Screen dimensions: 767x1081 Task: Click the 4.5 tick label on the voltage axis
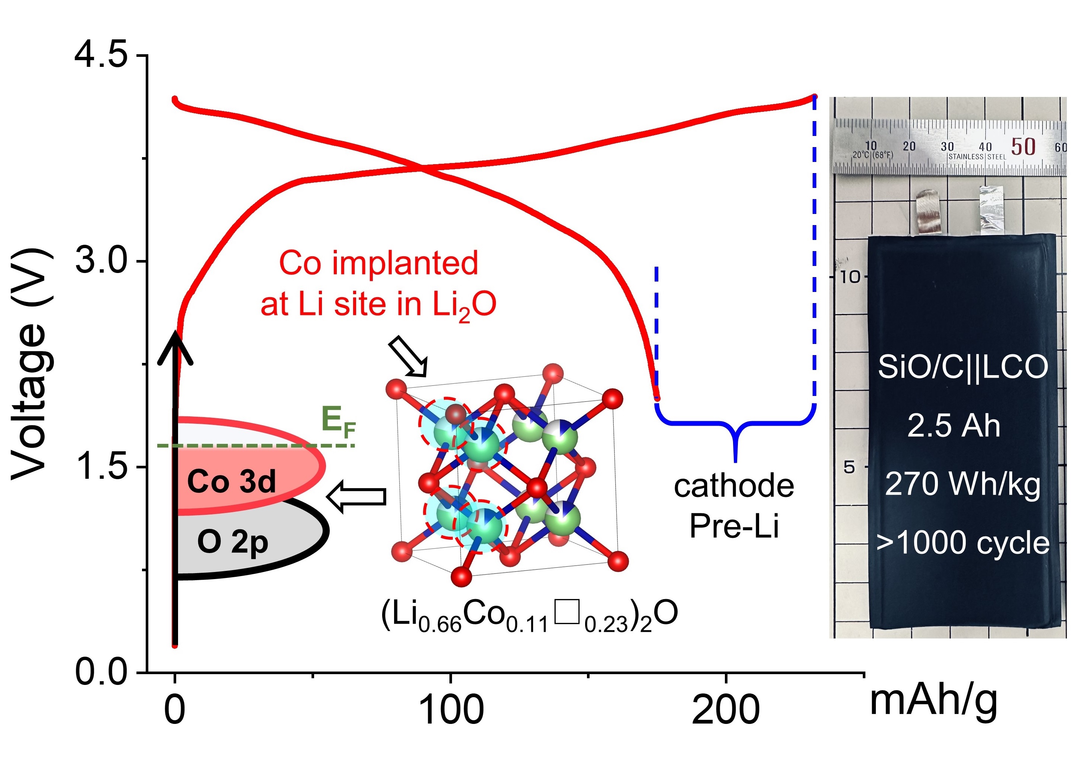[101, 56]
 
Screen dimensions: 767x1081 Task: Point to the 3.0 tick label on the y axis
[101, 261]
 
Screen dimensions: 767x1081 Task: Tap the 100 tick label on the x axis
[451, 709]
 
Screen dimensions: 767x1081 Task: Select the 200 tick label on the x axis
[726, 709]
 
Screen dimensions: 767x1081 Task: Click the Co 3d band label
[231, 482]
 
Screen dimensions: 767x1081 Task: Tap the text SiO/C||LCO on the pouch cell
[963, 367]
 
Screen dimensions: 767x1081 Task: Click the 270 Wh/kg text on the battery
[962, 485]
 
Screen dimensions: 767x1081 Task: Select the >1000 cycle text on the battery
[963, 543]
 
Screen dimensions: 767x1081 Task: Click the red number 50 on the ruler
[1023, 147]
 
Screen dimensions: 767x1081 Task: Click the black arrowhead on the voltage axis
[175, 347]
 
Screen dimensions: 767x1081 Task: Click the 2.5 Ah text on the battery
[954, 426]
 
